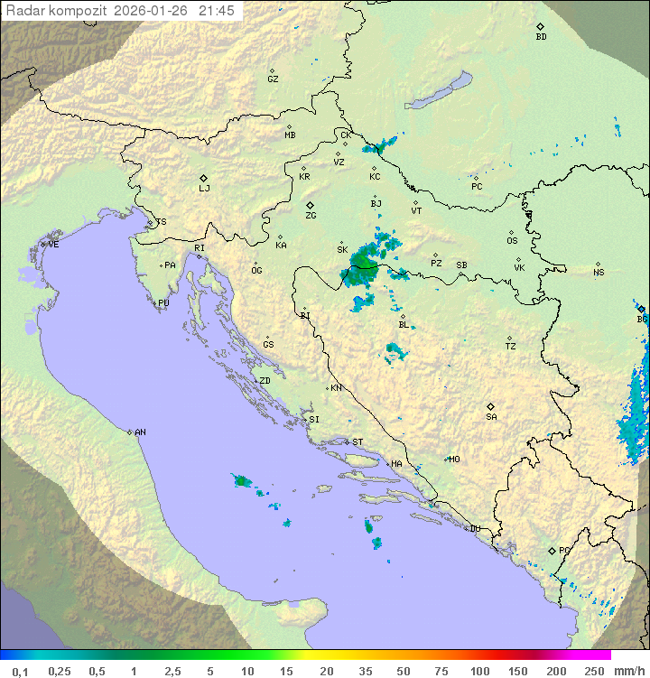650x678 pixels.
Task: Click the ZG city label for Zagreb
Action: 311,216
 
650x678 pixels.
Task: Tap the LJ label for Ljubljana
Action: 204,189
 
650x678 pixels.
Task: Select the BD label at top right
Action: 541,37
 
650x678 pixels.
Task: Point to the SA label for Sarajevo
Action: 491,417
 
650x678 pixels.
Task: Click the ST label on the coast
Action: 357,442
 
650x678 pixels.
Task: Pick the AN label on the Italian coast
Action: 140,432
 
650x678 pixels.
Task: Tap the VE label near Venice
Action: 53,245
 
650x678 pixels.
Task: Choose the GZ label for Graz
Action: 273,79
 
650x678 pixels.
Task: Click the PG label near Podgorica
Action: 564,550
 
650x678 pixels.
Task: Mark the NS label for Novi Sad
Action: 599,273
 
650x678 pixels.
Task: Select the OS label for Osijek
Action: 512,241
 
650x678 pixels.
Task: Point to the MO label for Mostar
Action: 454,459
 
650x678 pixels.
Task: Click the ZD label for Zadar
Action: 265,381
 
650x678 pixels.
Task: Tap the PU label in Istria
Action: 163,303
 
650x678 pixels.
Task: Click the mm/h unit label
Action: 629,671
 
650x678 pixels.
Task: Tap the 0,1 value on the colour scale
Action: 20,671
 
